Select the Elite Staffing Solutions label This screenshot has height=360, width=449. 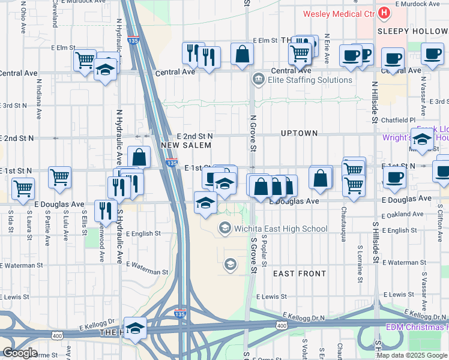click(x=310, y=79)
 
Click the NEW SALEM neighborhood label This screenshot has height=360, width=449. click(x=186, y=145)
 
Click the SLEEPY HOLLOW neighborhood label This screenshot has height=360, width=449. click(x=413, y=30)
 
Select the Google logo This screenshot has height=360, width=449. click(x=20, y=353)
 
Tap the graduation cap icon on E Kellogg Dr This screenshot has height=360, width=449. click(x=135, y=328)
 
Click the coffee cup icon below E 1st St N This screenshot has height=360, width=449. click(x=394, y=177)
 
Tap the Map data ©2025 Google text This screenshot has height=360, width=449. click(x=412, y=355)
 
